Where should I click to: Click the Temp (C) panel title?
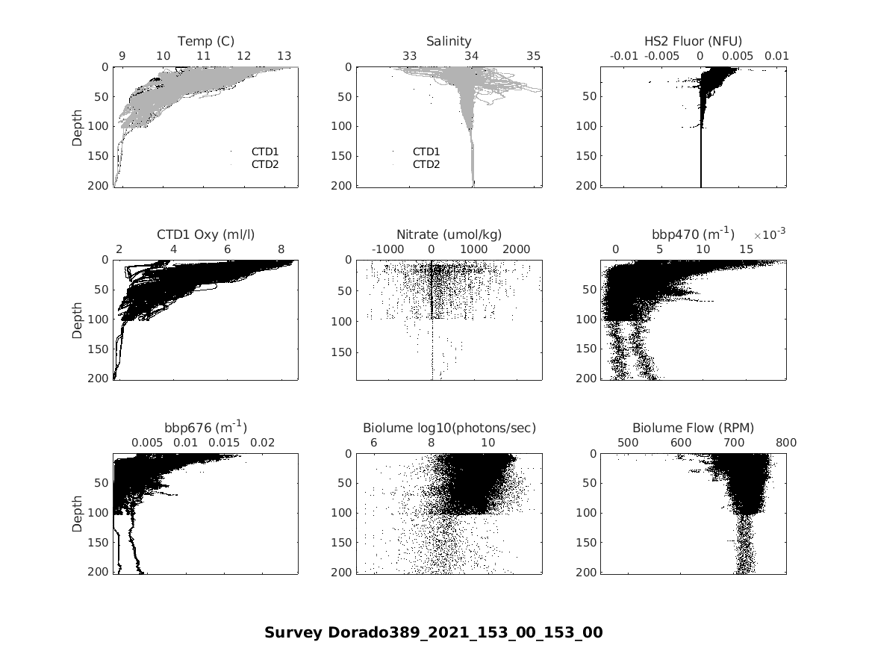205,41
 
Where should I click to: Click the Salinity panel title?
449,41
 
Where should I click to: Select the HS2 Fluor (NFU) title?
693,41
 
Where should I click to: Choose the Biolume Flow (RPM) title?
693,428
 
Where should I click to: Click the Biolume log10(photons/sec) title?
449,428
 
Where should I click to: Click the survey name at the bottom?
433,632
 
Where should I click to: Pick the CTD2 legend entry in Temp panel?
264,164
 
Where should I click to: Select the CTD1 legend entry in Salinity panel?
426,152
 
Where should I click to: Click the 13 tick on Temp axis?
284,56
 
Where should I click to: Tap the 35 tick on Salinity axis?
533,56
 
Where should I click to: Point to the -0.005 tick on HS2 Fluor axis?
662,56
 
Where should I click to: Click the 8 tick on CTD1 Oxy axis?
281,249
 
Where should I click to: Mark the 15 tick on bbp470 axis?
746,249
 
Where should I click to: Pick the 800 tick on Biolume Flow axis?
786,443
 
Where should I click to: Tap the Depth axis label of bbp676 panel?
78,513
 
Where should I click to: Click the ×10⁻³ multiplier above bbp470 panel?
773,234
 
